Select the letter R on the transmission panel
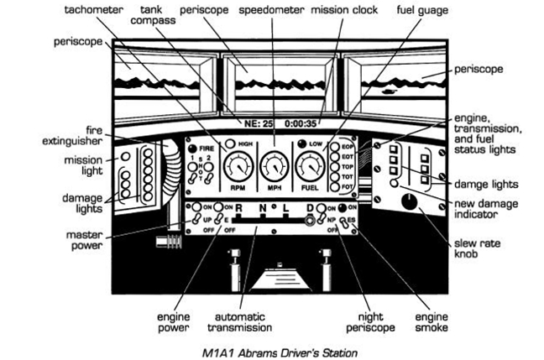(239, 207)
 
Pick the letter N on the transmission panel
(263, 207)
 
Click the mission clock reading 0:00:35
(300, 123)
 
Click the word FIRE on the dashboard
(206, 148)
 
